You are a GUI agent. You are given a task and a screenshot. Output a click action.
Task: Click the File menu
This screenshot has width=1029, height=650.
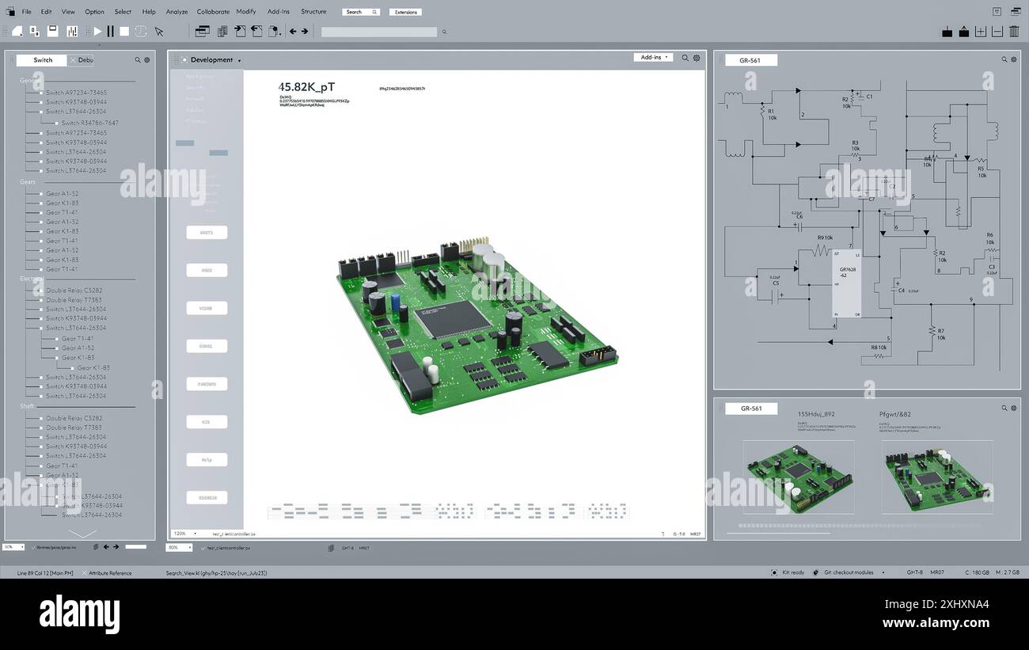click(x=26, y=12)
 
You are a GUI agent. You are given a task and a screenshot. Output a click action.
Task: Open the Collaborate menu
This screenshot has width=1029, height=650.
click(x=213, y=12)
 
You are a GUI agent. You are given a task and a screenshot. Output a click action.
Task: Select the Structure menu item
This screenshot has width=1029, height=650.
click(x=313, y=12)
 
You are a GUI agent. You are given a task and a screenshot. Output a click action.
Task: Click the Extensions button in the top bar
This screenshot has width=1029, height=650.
click(x=405, y=12)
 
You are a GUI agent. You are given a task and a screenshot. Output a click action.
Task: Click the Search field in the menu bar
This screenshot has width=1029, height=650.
click(x=360, y=12)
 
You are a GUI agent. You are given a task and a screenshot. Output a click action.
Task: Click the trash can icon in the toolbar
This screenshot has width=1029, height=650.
click(x=1014, y=32)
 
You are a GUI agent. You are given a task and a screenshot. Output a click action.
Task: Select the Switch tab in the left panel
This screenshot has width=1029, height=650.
click(x=43, y=60)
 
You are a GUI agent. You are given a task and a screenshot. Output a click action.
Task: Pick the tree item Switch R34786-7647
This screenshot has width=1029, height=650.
click(x=89, y=123)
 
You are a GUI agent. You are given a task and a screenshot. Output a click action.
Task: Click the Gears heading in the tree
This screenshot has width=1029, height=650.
click(x=28, y=182)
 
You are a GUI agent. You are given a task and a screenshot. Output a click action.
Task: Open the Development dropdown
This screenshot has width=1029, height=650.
click(x=215, y=60)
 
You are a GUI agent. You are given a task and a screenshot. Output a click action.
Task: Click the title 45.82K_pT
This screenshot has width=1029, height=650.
click(x=306, y=87)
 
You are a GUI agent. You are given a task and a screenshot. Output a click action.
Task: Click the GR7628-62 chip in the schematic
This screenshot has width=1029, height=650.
click(x=846, y=283)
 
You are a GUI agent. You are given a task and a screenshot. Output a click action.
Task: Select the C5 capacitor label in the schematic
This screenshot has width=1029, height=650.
click(x=775, y=283)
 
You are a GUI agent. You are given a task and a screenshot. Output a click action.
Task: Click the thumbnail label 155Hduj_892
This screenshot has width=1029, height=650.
click(x=815, y=414)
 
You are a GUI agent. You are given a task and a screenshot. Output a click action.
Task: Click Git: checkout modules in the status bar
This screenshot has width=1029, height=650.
click(x=848, y=572)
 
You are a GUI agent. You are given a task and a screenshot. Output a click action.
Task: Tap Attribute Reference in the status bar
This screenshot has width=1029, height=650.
click(x=110, y=573)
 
